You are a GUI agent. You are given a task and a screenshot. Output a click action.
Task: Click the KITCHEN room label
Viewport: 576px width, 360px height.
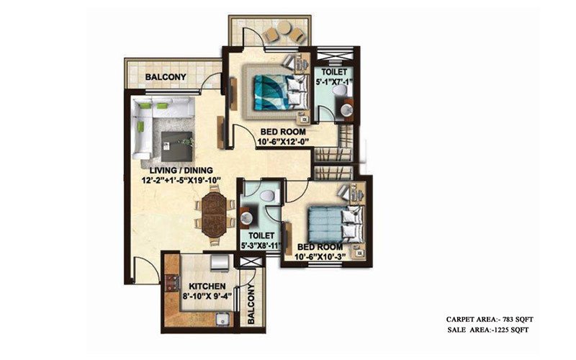(198, 286)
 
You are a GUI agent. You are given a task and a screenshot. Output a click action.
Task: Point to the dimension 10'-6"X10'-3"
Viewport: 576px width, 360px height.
(322, 256)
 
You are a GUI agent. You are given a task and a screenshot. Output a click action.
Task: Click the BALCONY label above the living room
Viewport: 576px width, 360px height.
(166, 78)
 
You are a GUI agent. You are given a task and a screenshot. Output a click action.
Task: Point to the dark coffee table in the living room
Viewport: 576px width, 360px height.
(176, 145)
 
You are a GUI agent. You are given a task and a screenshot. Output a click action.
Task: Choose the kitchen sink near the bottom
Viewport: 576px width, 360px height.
(222, 316)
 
